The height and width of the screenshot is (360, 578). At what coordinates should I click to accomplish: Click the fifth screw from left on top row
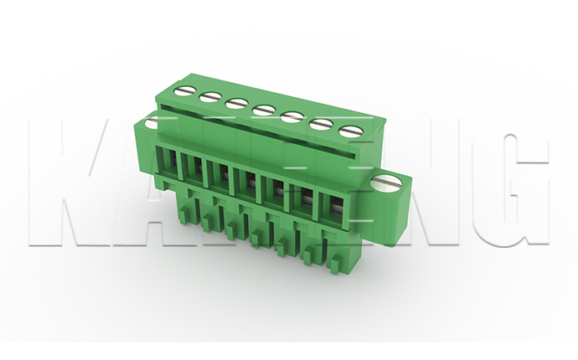point(291,116)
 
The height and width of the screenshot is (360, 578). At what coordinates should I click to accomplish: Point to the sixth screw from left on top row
point(319,124)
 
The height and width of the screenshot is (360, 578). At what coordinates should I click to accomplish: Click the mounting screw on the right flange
point(386,183)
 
